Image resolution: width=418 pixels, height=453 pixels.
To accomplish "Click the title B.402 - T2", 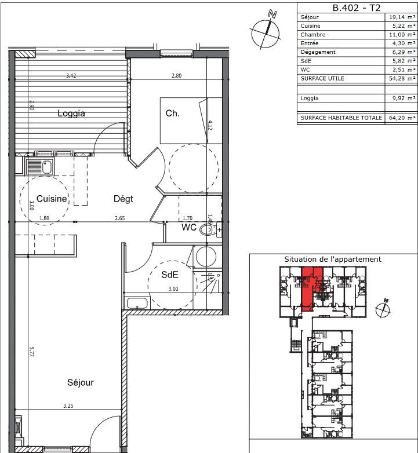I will coord(357,8).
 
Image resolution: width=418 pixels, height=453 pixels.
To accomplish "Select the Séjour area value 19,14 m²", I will coord(402,17).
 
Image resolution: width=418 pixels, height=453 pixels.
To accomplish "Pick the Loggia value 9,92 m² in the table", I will coord(402,98).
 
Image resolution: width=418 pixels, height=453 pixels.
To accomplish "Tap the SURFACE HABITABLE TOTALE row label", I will coord(341,118).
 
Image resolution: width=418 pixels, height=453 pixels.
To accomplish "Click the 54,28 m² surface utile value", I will coord(402,78).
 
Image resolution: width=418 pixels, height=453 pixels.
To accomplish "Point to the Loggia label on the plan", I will coord(71,114).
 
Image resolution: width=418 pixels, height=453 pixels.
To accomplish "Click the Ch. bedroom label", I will coord(172,114).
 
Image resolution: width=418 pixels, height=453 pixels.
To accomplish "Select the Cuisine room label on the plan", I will coord(52,199).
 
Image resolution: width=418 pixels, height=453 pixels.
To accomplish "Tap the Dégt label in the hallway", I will coord(123,199).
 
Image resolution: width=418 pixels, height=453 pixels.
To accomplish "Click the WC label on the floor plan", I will coord(189,228).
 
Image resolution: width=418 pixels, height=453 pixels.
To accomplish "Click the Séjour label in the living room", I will coord(80,382).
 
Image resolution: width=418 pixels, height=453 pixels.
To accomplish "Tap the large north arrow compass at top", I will coord(267,30).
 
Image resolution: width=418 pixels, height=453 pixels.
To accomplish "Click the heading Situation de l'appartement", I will coord(332,259).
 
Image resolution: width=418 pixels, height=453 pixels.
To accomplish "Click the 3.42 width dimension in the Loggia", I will coord(71,76).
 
